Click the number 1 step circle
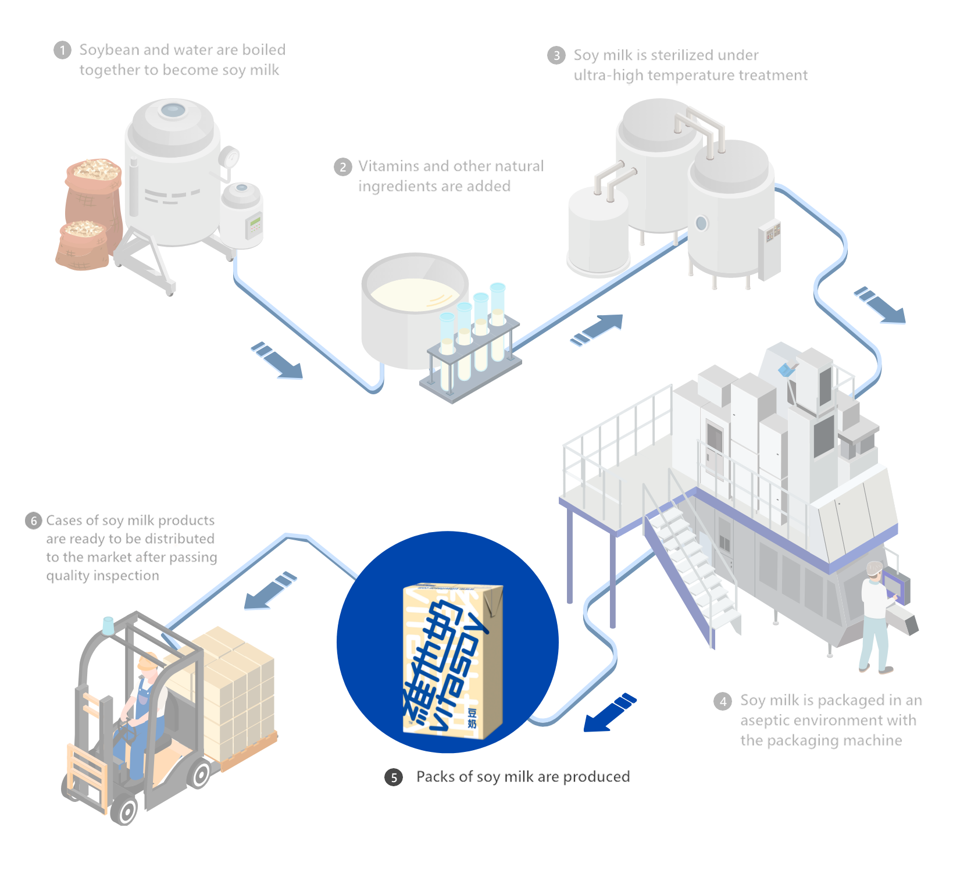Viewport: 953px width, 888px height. (x=62, y=51)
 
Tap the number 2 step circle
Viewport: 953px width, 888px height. (x=342, y=167)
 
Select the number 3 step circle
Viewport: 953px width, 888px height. (x=556, y=56)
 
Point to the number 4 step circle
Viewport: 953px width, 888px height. (x=722, y=702)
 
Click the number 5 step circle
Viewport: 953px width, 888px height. (x=394, y=778)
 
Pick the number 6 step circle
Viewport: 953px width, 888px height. (x=34, y=520)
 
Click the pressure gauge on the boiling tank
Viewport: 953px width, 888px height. (x=231, y=157)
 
